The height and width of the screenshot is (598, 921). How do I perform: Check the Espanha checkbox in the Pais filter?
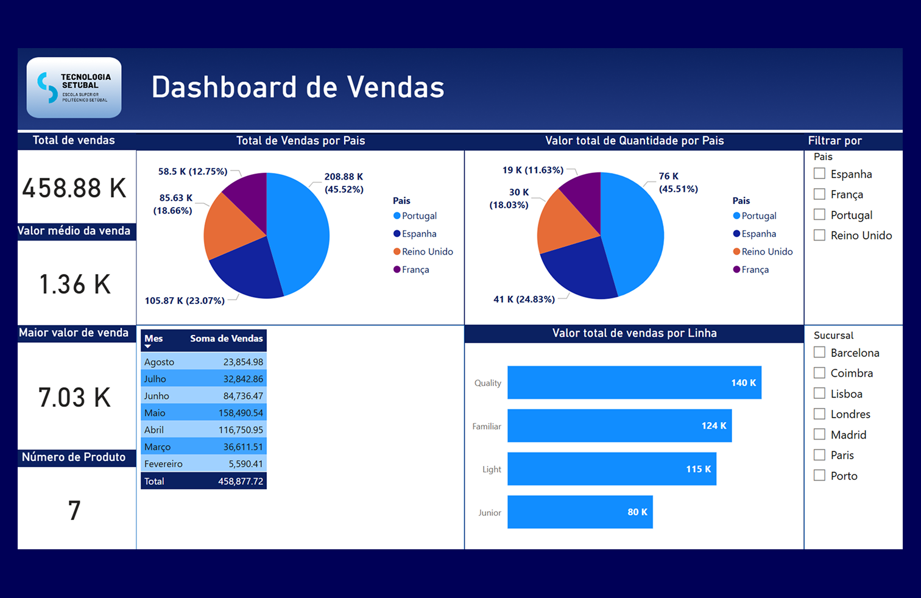coord(820,174)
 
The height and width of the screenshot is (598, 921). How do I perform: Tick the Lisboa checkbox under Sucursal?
coord(820,393)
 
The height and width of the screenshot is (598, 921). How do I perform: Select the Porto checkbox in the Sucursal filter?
coord(820,476)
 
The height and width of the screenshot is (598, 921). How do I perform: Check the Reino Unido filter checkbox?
coord(820,235)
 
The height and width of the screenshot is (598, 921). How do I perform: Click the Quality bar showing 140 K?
coord(633,382)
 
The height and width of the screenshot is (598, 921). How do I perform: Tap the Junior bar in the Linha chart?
coord(579,512)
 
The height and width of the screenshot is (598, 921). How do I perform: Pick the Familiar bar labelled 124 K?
coord(619,426)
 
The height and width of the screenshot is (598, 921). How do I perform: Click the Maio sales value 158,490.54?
coord(241,413)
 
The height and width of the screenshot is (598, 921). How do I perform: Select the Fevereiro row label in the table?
coord(163,464)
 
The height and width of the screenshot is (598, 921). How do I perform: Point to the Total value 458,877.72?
coord(241,481)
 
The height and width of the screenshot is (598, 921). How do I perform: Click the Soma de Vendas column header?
coord(226,339)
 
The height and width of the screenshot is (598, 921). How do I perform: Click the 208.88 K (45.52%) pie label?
coord(344,183)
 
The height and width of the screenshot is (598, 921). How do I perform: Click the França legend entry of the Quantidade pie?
coord(755,270)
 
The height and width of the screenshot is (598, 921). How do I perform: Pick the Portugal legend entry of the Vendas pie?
coord(419,216)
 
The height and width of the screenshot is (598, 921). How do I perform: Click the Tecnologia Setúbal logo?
coord(74,88)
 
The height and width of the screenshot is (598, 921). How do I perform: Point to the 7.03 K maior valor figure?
coord(74,398)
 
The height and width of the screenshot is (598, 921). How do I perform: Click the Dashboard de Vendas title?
coord(298,87)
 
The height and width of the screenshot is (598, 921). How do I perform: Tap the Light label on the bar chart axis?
coord(492,470)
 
